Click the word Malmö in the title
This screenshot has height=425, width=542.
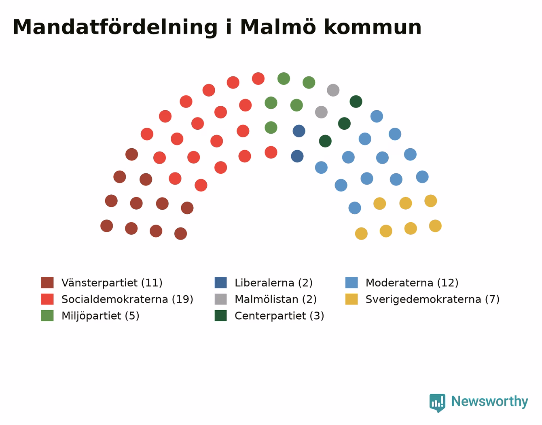coord(278,27)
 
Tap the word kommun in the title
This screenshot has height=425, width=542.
coord(373,27)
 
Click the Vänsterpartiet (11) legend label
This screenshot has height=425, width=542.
coord(112,283)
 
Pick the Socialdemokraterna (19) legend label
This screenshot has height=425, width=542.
coord(127,299)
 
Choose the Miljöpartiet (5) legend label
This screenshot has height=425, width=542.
coord(100,316)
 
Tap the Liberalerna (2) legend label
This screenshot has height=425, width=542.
coord(273,283)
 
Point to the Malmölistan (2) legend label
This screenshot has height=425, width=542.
coord(275,299)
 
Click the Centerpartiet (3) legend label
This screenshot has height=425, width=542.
coord(279,316)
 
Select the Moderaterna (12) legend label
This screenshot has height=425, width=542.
coord(412,283)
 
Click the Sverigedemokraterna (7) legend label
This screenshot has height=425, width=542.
coord(432,299)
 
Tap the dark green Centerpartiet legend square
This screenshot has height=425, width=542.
coord(221,316)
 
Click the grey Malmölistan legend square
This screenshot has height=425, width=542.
coord(221,299)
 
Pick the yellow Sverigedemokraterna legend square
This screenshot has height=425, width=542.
coord(351,299)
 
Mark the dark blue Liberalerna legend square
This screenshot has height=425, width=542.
coord(221,283)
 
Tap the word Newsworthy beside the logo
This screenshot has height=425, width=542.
coord(490,401)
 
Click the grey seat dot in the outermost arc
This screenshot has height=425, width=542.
coord(333,90)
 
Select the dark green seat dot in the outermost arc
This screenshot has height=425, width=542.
coord(356,102)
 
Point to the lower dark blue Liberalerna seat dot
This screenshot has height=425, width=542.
coord(297,156)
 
